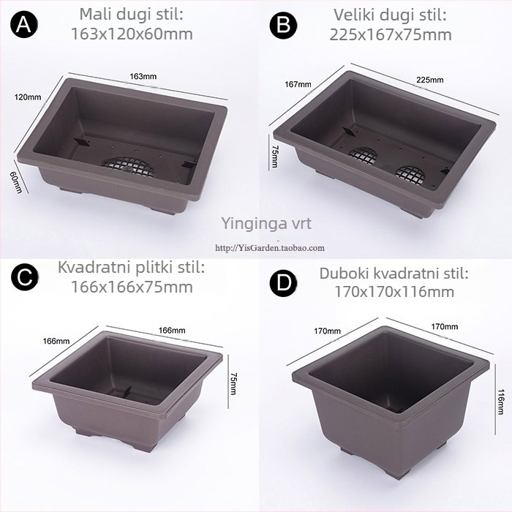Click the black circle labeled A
24,24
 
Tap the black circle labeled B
283,25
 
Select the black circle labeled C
24,277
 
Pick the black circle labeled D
283,282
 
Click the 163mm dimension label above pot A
143,76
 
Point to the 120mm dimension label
28,97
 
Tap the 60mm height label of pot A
17,183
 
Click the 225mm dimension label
430,80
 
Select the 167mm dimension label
298,84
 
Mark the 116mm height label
500,402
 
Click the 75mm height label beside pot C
234,384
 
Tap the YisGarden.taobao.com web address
270,248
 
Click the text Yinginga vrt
266,223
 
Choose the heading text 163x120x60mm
132,34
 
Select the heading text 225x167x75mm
391,34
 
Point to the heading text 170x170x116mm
394,292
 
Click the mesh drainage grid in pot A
127,164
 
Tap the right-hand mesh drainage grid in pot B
410,174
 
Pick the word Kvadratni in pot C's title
94,268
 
